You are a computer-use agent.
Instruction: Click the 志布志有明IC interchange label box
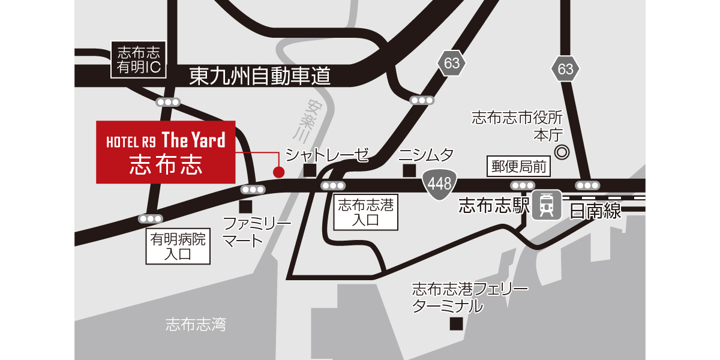139,59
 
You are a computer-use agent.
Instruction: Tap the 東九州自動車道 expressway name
260,76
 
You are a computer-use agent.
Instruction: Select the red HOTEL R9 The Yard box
166,152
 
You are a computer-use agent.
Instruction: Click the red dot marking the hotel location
278,173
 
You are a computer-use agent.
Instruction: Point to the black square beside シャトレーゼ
310,171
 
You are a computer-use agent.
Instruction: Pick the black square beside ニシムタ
409,171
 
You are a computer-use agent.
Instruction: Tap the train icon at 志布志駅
547,205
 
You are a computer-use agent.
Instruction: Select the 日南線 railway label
595,210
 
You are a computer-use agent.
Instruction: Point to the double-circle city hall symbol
562,152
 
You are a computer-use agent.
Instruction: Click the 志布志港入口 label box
365,213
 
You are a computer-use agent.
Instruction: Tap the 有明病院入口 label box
178,247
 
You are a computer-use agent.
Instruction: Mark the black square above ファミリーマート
245,207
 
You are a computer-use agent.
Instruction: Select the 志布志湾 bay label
196,325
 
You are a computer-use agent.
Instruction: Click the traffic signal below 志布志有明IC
168,102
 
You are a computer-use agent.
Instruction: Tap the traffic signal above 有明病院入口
150,218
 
